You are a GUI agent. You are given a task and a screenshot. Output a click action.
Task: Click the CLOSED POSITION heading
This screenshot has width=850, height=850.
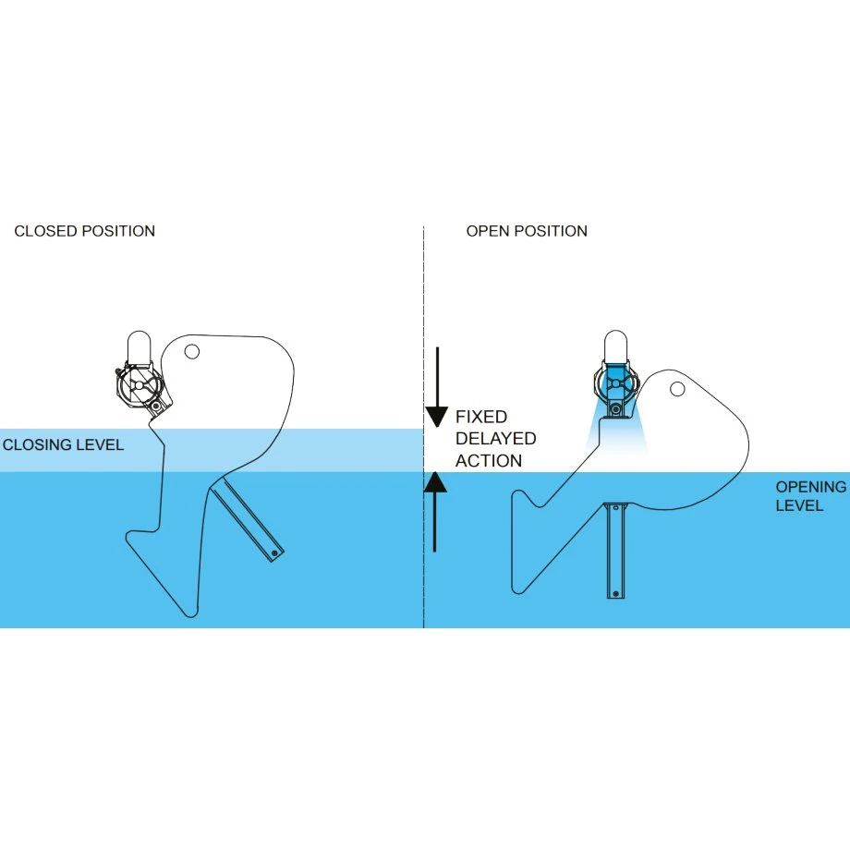click(x=85, y=231)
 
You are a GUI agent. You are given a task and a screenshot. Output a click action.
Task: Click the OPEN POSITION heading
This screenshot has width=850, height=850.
click(x=527, y=231)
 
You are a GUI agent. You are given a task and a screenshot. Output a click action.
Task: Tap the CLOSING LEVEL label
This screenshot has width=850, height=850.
click(x=63, y=444)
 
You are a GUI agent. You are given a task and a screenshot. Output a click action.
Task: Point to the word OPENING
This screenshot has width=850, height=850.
click(x=810, y=487)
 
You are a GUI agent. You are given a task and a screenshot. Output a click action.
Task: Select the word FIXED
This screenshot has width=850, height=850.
click(x=481, y=418)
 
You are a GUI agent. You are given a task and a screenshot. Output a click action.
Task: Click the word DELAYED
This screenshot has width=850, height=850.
click(x=495, y=439)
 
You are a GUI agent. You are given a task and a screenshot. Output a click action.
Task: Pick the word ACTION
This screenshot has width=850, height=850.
click(x=489, y=461)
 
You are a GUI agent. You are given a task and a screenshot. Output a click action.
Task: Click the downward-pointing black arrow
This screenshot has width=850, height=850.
click(x=436, y=388)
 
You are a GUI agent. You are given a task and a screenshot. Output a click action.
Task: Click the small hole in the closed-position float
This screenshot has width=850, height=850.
click(x=192, y=351)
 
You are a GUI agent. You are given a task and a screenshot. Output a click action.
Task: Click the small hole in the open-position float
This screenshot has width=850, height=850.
click(x=677, y=389)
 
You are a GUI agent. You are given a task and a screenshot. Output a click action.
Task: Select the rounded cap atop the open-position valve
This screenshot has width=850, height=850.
click(x=616, y=345)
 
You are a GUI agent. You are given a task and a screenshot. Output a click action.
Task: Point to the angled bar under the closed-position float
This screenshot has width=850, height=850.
click(x=249, y=522)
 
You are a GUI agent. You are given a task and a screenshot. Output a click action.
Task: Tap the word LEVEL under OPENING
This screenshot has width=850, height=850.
click(x=800, y=505)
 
